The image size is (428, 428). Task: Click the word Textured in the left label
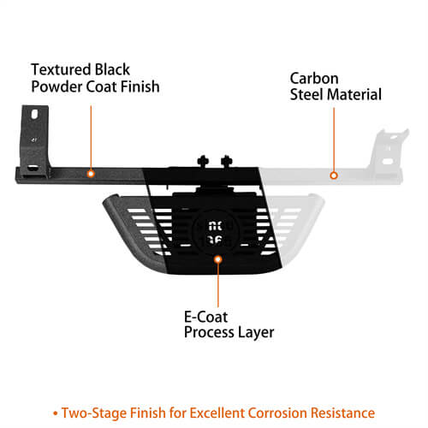pos(61,69)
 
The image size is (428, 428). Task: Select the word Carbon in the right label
pos(314,78)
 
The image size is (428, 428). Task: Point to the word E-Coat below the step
pos(205,317)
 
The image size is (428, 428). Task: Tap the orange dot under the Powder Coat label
pos(91,174)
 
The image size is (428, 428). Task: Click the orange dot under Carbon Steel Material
pos(334,175)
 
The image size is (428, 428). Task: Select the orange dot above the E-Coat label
pos(218,259)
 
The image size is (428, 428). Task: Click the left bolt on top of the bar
pos(203,162)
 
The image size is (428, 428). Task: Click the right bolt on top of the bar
pos(227,162)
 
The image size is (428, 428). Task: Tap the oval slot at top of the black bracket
pos(34,114)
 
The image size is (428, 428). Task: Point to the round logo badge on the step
pos(214,232)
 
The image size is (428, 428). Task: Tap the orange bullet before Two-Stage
pos(56,413)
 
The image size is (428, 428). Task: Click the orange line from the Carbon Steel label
pos(334,140)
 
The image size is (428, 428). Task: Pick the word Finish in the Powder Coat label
pos(140,86)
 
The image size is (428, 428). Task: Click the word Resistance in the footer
pos(342,413)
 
